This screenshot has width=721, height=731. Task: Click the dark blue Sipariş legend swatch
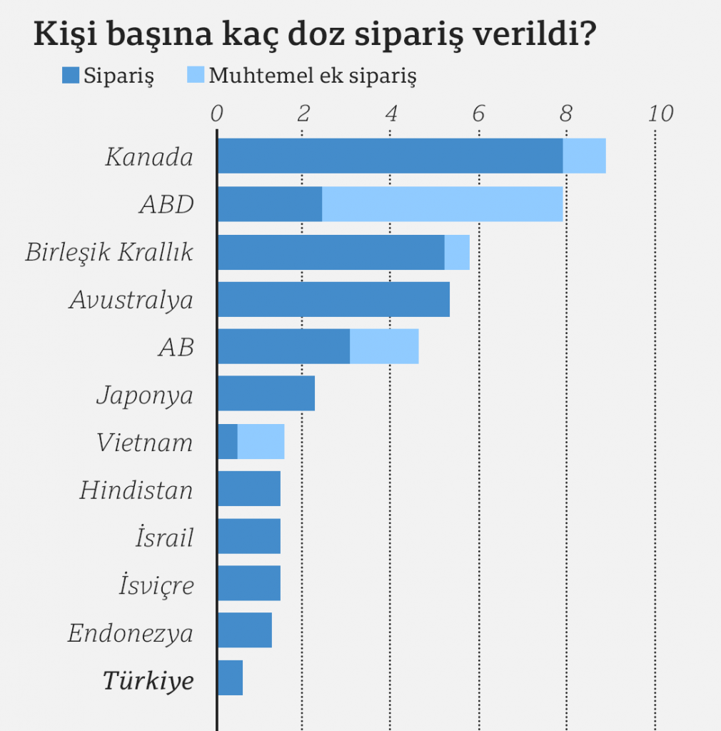click(70, 75)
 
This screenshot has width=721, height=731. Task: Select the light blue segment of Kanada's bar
click(584, 156)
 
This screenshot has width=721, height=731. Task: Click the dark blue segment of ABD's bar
click(269, 204)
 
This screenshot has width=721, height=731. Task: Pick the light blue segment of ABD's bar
click(443, 204)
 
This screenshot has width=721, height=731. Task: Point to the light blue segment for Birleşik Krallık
click(457, 252)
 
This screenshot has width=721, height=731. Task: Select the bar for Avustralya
click(333, 299)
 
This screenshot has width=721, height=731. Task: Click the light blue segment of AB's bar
click(384, 346)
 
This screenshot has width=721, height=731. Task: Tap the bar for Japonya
click(266, 393)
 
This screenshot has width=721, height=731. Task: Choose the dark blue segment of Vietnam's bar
click(227, 441)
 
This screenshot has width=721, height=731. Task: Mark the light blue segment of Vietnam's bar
click(261, 441)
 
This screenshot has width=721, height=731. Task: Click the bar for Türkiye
click(230, 677)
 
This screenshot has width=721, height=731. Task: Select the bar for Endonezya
click(244, 630)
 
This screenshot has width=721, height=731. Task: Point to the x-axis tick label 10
click(661, 114)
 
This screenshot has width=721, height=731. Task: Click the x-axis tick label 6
click(478, 114)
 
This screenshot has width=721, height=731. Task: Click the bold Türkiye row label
click(148, 681)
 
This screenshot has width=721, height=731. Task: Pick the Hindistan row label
click(136, 491)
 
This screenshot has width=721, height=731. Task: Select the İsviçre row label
click(156, 586)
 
